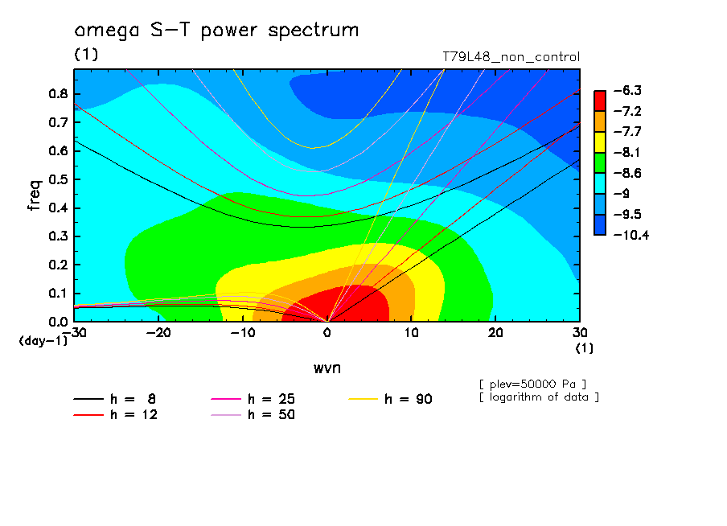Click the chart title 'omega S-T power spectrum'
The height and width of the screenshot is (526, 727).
(216, 30)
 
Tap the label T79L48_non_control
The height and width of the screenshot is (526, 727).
(511, 57)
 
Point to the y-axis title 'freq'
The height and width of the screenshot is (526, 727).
(35, 195)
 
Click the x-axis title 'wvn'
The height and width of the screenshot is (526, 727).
(327, 368)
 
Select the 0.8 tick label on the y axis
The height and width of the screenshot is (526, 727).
(58, 93)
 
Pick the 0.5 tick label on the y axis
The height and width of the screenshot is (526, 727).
(58, 179)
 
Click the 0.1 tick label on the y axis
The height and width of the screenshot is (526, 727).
(58, 294)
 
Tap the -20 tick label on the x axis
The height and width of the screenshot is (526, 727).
(158, 333)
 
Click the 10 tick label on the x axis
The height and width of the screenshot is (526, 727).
(411, 333)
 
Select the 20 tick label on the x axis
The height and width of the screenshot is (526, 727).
(495, 333)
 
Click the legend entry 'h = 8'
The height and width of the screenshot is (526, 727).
(114, 399)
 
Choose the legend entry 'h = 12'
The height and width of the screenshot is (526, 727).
(116, 415)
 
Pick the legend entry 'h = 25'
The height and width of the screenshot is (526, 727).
(253, 399)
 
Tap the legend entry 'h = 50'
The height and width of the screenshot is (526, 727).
(253, 415)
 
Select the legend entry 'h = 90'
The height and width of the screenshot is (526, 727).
(390, 399)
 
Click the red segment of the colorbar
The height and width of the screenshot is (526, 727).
(600, 101)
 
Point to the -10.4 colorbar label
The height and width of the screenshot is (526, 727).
(631, 235)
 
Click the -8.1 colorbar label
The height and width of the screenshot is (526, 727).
(627, 153)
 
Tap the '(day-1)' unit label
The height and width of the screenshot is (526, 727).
(43, 341)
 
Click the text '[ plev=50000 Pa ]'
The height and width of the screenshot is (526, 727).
(532, 384)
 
